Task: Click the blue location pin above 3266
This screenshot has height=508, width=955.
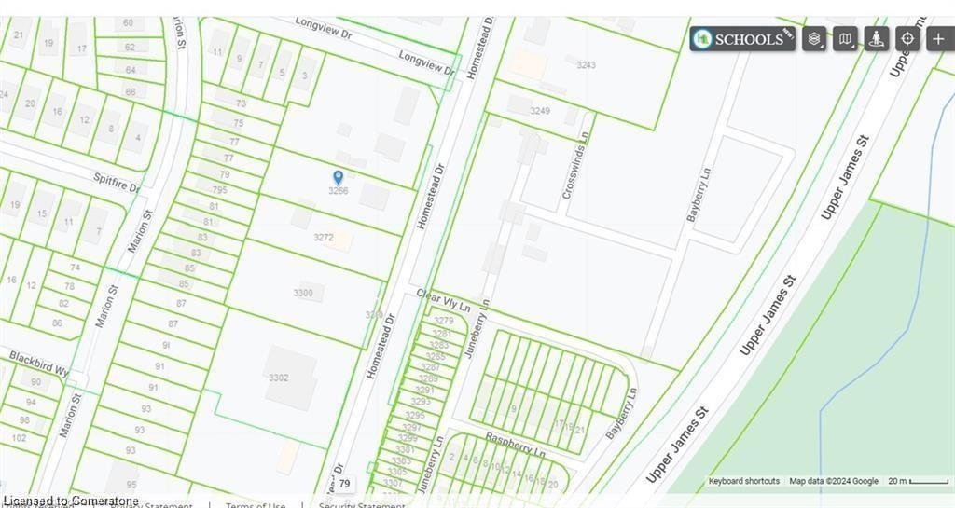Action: pos(339,176)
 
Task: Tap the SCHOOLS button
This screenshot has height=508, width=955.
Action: pos(742,38)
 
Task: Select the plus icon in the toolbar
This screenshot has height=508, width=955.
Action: pos(938,38)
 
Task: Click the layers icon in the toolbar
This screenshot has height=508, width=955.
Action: pos(814,38)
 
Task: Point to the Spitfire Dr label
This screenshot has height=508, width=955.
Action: pos(116,181)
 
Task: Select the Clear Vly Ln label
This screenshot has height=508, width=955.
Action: pos(443,300)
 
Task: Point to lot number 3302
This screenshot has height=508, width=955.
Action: pos(278,378)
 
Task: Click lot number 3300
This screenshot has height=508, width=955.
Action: pos(303,294)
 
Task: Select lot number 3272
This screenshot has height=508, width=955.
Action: pos(324,238)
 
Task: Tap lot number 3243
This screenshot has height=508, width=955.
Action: pos(587,65)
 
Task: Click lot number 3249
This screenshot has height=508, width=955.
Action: pos(540,111)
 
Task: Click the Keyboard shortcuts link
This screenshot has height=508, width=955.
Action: pos(743,481)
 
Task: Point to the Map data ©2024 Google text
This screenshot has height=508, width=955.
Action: pos(834,481)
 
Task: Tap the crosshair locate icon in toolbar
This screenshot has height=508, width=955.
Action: pos(907,38)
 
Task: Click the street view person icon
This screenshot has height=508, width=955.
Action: pos(876,38)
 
